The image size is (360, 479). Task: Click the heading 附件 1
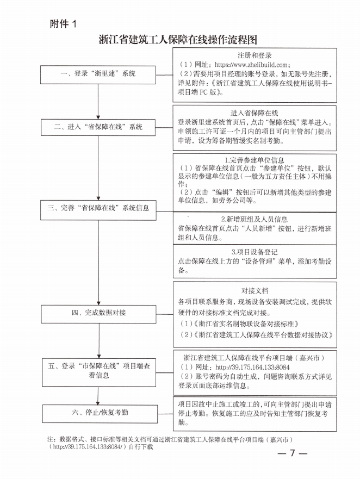coord(64,23)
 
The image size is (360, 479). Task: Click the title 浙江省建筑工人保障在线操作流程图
coord(178,40)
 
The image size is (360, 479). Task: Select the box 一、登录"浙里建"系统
coord(98,73)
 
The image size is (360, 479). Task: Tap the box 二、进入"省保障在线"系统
coord(98,127)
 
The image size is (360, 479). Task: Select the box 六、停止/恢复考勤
coord(98,413)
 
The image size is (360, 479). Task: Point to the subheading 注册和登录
coord(255,55)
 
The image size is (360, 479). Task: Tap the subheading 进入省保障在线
coord(255,113)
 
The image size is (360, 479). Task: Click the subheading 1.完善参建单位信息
coord(255,160)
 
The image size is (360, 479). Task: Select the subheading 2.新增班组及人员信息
coord(255,219)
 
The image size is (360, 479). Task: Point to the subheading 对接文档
coord(255,291)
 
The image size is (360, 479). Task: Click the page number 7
coord(292,453)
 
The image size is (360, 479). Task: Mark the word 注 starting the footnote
coord(50,438)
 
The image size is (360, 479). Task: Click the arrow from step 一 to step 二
coord(98,101)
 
